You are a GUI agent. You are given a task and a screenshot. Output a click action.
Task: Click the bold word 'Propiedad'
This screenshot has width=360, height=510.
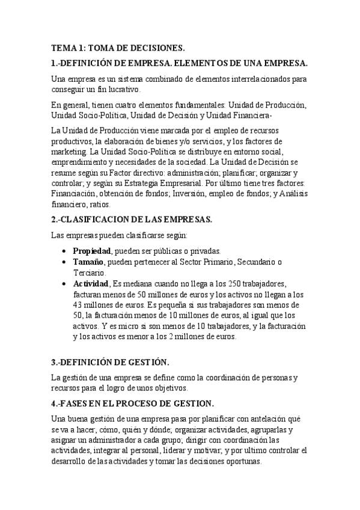coord(92,250)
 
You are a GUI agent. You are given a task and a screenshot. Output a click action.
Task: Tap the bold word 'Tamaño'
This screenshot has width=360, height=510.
coord(89,262)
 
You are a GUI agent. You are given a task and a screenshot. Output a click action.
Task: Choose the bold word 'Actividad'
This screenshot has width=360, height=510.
coord(90,283)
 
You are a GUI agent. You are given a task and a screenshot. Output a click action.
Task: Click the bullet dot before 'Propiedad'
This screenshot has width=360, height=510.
coord(64,251)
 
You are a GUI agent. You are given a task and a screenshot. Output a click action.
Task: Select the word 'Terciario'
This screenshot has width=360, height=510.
coord(88,272)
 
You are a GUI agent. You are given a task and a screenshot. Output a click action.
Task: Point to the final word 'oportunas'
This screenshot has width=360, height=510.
coord(242,461)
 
